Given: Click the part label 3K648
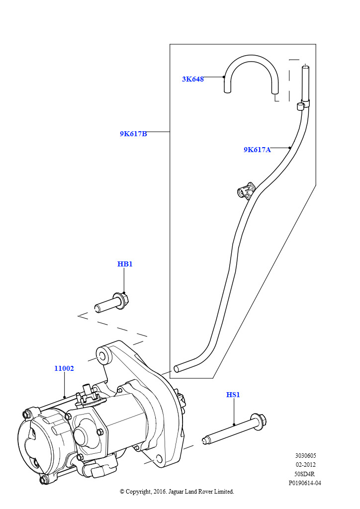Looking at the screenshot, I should (x=192, y=79).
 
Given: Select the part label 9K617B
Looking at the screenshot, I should (x=133, y=134).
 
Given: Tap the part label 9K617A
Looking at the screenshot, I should (x=257, y=150).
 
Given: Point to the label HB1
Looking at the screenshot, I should (x=125, y=264).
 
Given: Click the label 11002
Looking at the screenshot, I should (x=64, y=368).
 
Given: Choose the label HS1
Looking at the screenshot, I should (x=233, y=395).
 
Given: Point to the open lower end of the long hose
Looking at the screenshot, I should (x=177, y=369).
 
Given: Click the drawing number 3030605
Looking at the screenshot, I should (x=305, y=456).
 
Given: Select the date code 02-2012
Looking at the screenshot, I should (x=305, y=465).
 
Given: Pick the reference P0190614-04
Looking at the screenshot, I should (x=305, y=483).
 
